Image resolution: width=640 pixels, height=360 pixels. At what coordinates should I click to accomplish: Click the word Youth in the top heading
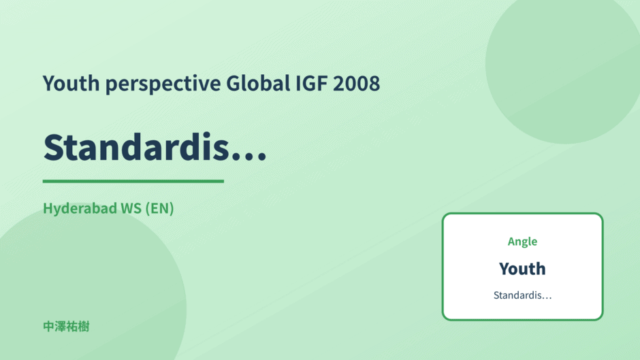tap(71, 83)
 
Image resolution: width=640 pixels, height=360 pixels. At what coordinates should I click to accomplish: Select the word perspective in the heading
tap(163, 84)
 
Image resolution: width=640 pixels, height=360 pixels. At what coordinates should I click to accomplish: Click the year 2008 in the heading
tap(356, 83)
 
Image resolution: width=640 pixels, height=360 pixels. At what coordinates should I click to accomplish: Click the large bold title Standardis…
tap(155, 147)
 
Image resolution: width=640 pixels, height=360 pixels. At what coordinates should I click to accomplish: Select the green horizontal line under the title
tap(133, 181)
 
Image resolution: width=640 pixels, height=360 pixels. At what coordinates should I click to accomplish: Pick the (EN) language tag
tap(159, 208)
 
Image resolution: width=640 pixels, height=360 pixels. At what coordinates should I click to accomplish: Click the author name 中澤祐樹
tap(66, 327)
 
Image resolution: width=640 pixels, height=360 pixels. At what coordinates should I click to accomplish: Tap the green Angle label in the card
tap(522, 242)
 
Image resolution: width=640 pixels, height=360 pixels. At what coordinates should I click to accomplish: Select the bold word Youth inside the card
tap(522, 269)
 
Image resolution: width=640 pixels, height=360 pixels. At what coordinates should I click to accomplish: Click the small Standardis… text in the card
tap(522, 295)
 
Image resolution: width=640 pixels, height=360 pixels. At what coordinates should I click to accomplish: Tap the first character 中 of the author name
tap(48, 327)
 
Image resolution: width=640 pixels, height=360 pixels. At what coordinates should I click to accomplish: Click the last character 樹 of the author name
tap(84, 327)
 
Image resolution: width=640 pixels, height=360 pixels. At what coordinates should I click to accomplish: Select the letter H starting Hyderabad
tap(48, 208)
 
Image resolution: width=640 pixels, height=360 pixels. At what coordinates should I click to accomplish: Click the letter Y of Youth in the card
tap(505, 269)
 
